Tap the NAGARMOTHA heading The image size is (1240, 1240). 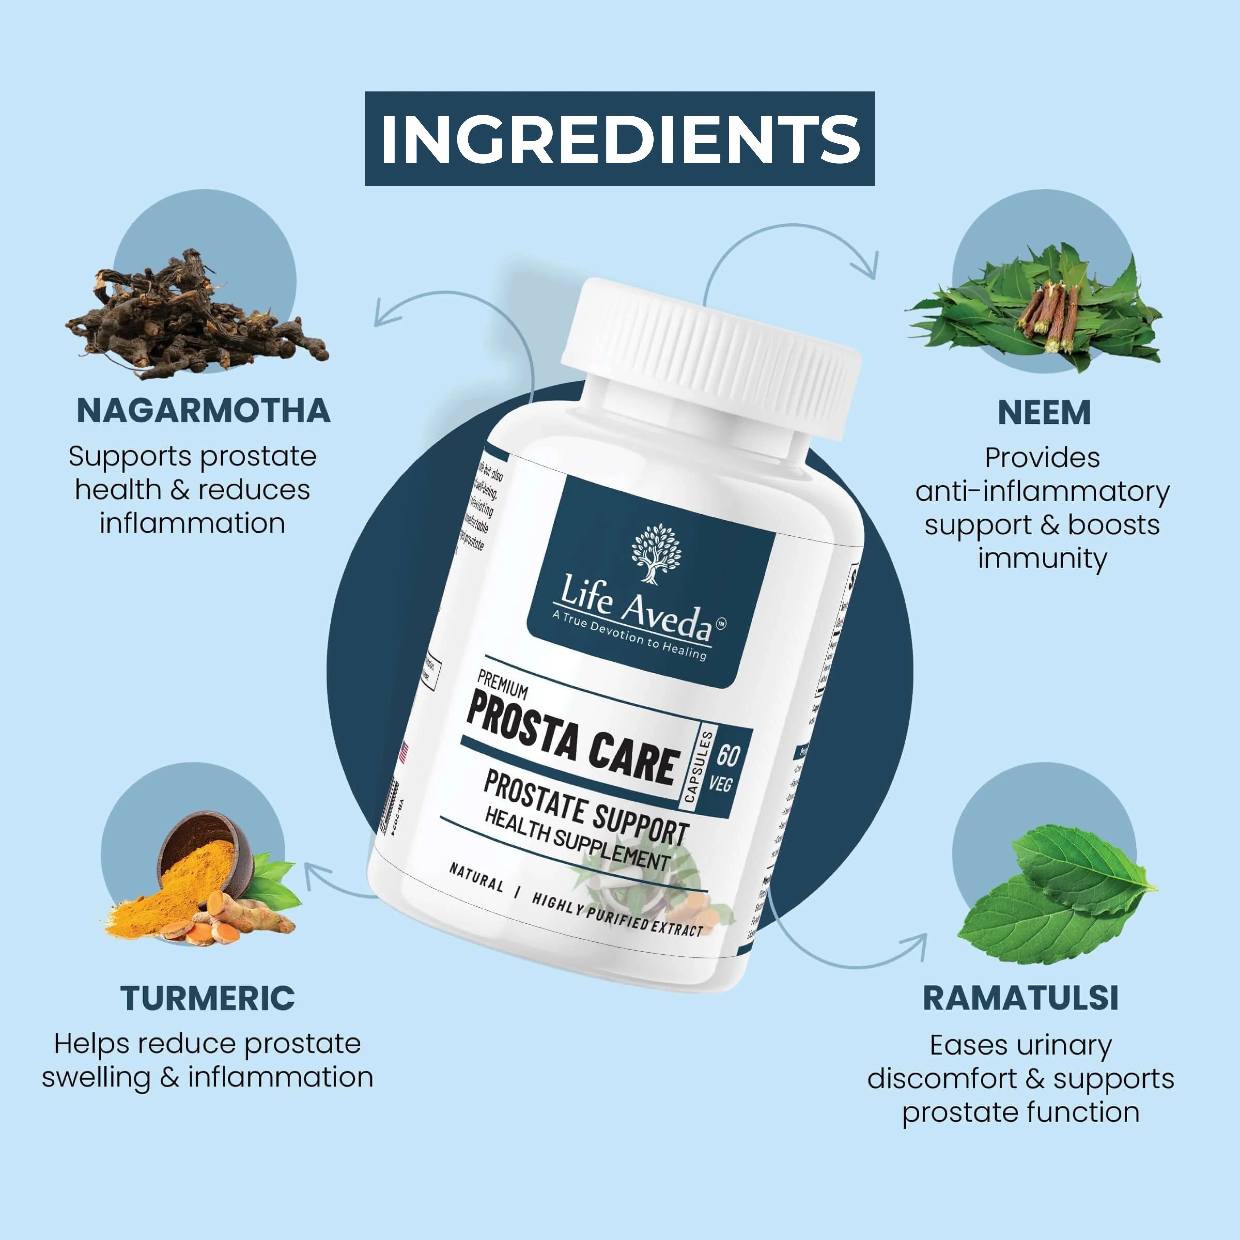[204, 411]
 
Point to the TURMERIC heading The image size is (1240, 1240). [207, 998]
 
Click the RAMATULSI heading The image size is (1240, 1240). [1020, 998]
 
